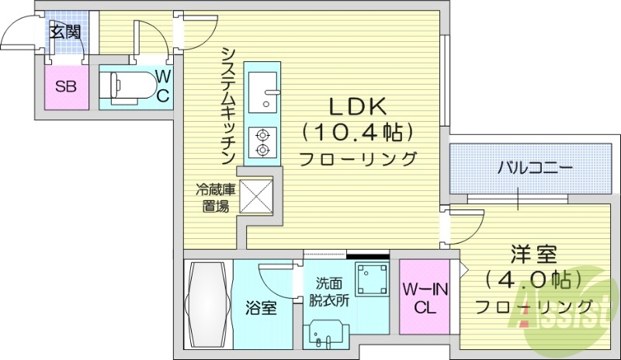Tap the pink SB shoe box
[64, 87]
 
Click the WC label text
[165, 86]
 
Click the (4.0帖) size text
[533, 279]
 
